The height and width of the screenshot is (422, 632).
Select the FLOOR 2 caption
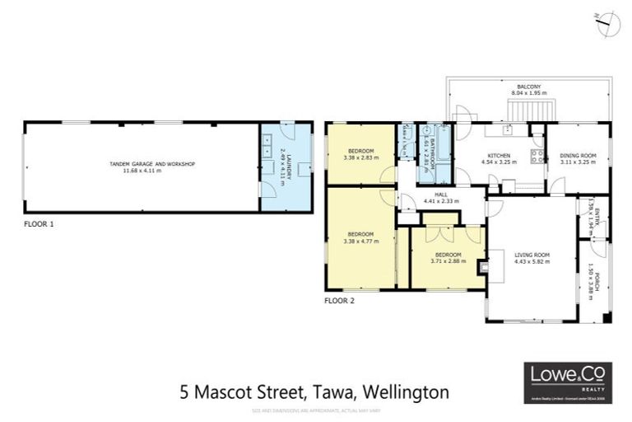coord(340,300)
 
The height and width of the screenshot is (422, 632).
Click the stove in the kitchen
coord(537,157)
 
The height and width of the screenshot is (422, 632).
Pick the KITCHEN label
coord(499,156)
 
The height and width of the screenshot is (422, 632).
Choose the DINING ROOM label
coord(577,156)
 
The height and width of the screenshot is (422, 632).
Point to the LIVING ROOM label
coord(532,254)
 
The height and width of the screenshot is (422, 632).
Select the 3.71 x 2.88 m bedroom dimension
coord(448,260)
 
